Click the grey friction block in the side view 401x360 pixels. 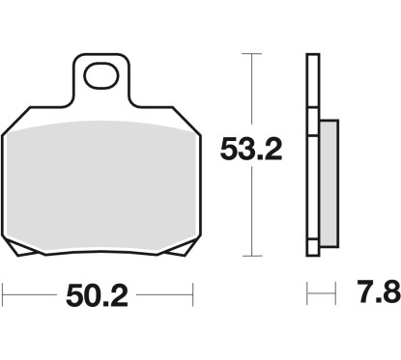[328, 182]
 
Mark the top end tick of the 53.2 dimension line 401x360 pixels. [252, 55]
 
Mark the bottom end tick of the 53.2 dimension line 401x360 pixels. [252, 256]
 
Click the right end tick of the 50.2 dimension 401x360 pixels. [194, 291]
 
